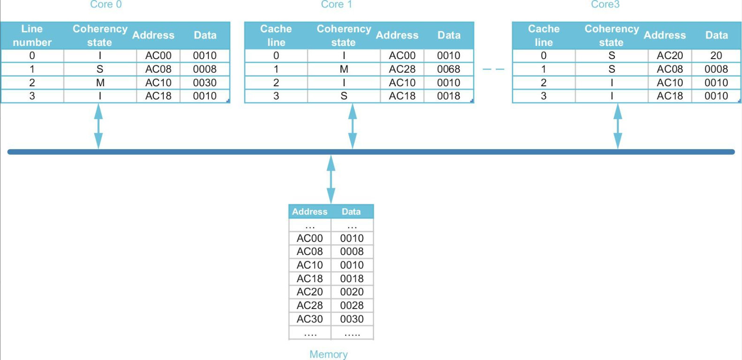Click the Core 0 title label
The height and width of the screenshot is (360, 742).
(x=106, y=5)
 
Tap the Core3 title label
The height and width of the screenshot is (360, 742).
(x=605, y=5)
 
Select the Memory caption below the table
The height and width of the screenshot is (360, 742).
(x=328, y=354)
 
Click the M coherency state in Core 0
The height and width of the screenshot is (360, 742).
(x=100, y=83)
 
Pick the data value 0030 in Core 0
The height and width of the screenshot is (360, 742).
(x=204, y=83)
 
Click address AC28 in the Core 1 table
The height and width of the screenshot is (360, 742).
(x=402, y=69)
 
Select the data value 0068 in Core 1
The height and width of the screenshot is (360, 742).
(x=448, y=69)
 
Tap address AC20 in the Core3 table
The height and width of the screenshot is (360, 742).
(x=670, y=56)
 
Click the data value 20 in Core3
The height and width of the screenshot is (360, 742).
(x=716, y=56)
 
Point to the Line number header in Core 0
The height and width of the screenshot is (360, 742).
(x=32, y=36)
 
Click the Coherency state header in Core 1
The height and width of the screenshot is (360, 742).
(x=344, y=36)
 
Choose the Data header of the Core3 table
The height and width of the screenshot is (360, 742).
(x=716, y=35)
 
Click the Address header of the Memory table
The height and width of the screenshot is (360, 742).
(x=310, y=212)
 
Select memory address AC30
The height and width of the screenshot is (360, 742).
(x=310, y=319)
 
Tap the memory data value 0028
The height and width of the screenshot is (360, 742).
(x=352, y=306)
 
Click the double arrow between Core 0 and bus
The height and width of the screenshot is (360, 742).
(x=98, y=126)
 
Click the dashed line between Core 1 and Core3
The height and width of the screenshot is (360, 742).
(x=493, y=69)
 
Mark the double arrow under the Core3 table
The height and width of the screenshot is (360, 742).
(x=618, y=126)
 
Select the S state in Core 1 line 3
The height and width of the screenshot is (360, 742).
(x=344, y=96)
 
